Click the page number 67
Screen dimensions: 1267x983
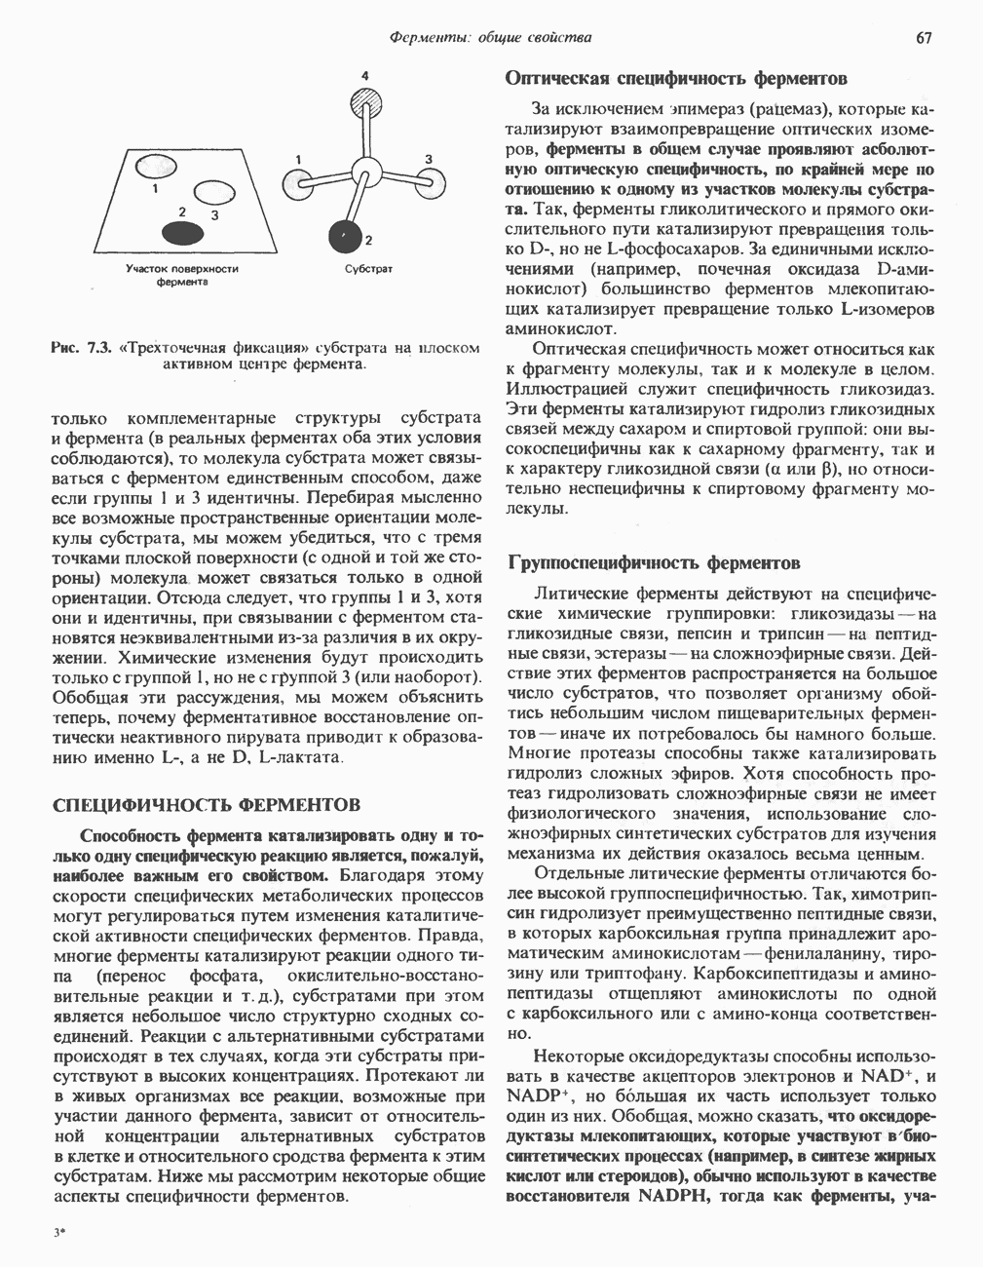click(x=924, y=38)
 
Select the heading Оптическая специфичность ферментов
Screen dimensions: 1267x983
click(x=676, y=78)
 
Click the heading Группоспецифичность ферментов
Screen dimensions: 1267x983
click(x=654, y=562)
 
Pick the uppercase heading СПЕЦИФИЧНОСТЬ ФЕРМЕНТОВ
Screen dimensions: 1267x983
click(x=206, y=805)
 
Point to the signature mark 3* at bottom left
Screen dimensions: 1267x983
click(x=59, y=1232)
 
